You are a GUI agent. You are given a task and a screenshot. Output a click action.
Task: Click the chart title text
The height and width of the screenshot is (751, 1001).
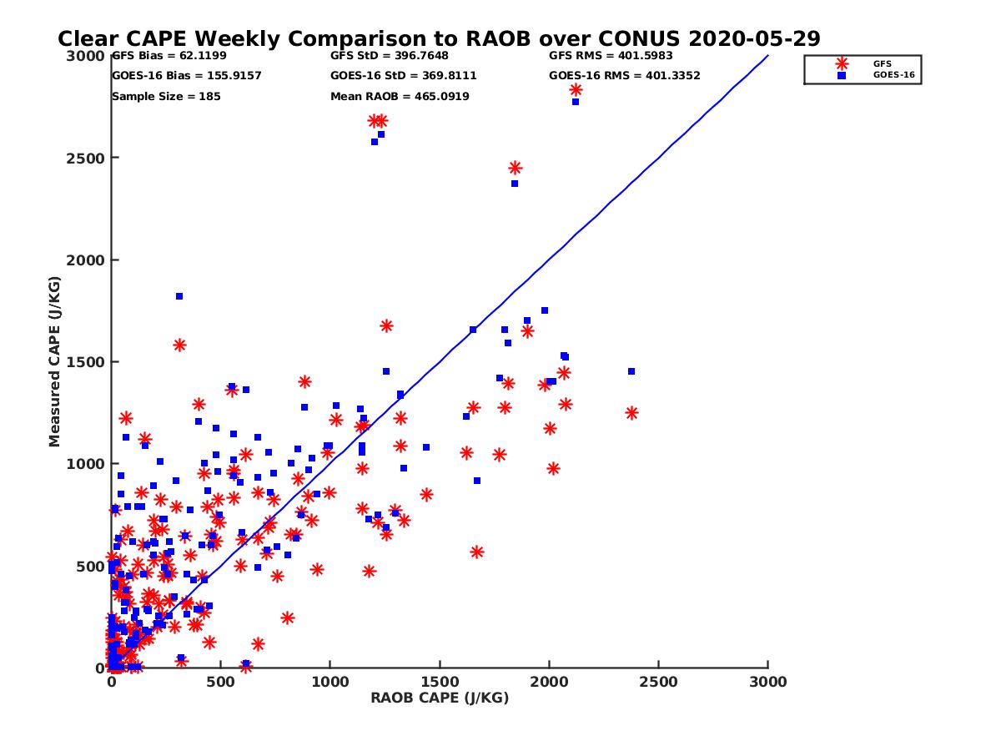click(x=439, y=38)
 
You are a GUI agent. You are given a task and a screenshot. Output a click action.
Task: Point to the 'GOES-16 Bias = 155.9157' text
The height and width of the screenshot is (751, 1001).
click(x=186, y=76)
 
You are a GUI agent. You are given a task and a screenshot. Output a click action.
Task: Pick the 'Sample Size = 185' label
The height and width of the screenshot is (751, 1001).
click(x=166, y=96)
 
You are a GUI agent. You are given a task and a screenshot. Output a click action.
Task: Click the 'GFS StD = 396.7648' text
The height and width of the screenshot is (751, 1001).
click(x=389, y=56)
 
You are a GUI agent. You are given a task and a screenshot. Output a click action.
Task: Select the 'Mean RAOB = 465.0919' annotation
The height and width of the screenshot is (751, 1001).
click(x=400, y=96)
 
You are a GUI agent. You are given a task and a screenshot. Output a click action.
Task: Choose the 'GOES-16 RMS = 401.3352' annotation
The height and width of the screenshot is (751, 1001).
click(x=624, y=76)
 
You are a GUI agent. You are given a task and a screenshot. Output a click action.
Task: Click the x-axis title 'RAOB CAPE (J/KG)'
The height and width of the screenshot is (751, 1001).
click(x=440, y=698)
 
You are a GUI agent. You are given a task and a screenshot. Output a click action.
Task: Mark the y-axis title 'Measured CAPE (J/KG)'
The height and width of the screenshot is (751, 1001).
click(x=55, y=362)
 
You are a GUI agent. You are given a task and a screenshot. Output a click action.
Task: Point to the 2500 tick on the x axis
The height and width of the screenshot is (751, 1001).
click(x=659, y=682)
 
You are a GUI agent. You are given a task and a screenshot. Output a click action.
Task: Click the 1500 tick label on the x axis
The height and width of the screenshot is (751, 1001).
click(x=440, y=682)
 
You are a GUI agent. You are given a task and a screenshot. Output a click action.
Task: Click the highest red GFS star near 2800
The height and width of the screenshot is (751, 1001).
click(x=576, y=90)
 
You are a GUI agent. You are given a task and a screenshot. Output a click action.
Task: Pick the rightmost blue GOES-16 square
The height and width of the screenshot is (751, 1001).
click(x=631, y=371)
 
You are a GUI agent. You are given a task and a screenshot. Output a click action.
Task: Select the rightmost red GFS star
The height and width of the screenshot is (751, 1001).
click(x=631, y=413)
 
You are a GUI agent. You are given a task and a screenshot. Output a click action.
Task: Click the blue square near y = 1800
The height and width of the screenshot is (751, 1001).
click(x=179, y=296)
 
